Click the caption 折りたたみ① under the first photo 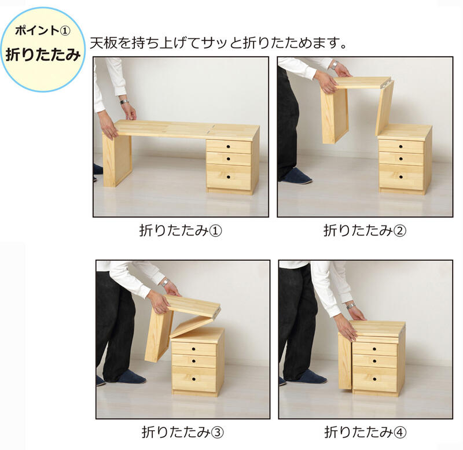[x=181, y=230]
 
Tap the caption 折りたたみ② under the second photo [x=365, y=230]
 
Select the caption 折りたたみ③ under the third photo [x=182, y=432]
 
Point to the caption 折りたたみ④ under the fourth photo [x=365, y=432]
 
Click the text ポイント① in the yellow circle [x=43, y=31]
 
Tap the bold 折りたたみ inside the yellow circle [x=43, y=54]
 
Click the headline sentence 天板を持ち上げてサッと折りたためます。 [x=218, y=43]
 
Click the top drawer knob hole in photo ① [x=228, y=146]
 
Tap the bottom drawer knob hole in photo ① [x=229, y=177]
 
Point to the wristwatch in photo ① [x=124, y=102]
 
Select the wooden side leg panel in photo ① [x=117, y=160]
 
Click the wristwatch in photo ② [x=335, y=65]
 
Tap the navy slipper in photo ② [x=297, y=178]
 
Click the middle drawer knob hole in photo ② [x=401, y=158]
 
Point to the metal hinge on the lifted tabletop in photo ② [x=387, y=83]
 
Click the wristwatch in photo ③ [x=166, y=282]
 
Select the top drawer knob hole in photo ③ [x=194, y=349]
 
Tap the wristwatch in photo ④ [x=351, y=306]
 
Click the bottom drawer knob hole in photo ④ [x=374, y=379]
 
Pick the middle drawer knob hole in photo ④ [x=374, y=361]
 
